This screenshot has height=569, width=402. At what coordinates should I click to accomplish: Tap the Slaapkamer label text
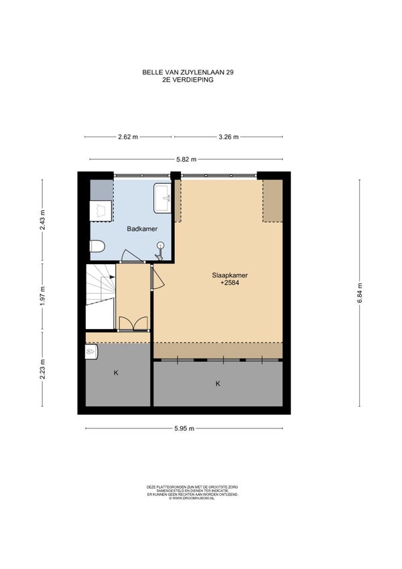tap(230, 275)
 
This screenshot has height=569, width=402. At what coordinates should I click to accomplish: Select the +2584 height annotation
tap(230, 283)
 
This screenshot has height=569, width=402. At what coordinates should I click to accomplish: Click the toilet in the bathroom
tap(97, 247)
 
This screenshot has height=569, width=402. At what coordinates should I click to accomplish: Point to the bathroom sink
tap(162, 198)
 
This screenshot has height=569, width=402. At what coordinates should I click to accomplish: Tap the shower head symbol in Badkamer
tap(159, 251)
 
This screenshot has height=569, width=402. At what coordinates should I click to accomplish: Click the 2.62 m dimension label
tap(128, 137)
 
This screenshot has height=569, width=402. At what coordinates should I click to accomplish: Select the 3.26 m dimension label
tap(228, 137)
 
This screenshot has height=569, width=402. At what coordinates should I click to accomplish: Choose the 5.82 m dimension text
tap(186, 160)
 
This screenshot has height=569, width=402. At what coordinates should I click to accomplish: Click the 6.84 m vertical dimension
tap(360, 292)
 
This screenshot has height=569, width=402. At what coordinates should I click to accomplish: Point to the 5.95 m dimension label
tap(184, 428)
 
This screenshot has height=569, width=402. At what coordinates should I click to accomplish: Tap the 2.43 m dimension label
tap(42, 220)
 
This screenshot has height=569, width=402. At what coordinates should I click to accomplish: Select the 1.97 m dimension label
tap(42, 296)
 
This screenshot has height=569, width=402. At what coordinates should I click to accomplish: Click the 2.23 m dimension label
tap(42, 369)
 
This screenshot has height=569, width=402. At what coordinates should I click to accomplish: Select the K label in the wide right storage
tap(218, 383)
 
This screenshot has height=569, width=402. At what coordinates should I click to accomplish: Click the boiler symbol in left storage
tap(91, 352)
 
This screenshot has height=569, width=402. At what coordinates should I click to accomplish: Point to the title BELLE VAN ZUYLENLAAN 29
tap(188, 72)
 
